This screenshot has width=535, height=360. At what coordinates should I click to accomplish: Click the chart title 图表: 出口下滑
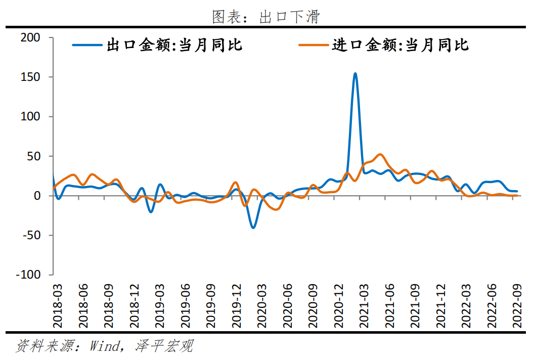[266, 17]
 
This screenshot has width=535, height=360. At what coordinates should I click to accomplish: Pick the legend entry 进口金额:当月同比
[400, 45]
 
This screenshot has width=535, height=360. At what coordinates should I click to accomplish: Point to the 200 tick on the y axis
[30, 38]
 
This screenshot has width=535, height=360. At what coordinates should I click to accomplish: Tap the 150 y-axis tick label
[30, 77]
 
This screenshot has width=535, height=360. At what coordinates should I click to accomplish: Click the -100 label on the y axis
[27, 275]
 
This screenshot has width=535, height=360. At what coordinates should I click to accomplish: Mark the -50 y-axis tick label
[30, 235]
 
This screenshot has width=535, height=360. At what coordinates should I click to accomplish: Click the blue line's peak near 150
[355, 73]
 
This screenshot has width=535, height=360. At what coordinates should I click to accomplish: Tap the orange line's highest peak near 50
[380, 154]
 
